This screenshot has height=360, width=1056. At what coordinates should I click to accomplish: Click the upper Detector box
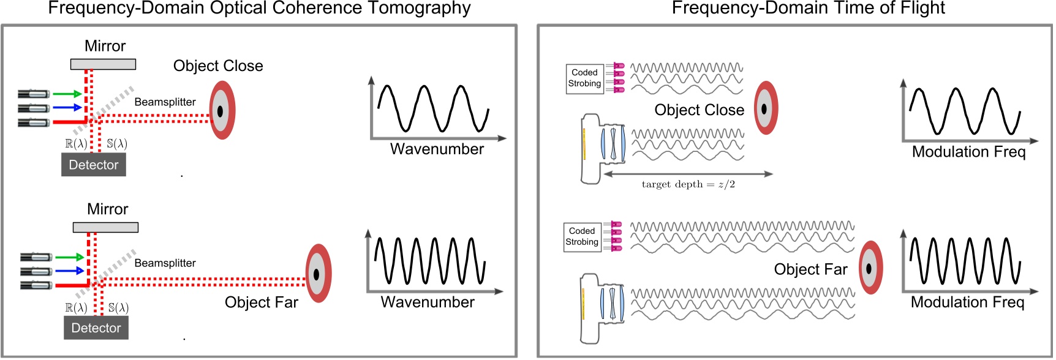coord(94,165)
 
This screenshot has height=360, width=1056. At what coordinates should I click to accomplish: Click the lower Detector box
coord(96,328)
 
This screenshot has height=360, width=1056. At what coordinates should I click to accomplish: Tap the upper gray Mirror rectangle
coord(103,64)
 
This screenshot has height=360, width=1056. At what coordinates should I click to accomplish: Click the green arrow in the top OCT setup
coord(67,94)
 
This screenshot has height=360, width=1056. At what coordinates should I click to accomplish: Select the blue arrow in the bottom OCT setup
coord(70,271)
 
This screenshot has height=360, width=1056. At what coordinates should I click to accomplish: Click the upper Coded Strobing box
coord(584,78)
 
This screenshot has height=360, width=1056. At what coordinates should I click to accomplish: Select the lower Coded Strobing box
coord(582,237)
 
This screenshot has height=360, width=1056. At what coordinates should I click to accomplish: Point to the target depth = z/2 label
coord(688,184)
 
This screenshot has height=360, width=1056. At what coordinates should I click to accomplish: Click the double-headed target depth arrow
coord(688,174)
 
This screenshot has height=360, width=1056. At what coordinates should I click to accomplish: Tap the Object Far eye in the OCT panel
coord(318,274)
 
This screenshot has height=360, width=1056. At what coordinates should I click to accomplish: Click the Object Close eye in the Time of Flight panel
coord(765,108)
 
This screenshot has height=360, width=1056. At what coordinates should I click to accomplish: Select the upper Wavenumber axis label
coord(437,149)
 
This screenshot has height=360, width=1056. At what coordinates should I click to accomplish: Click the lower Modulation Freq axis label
coord(967,302)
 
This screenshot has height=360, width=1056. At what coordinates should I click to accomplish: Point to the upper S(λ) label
coord(117,144)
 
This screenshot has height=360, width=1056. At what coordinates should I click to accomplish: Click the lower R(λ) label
coord(76,308)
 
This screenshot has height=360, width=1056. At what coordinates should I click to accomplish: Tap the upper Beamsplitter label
coord(165,102)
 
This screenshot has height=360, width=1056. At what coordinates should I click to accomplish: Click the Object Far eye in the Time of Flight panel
coord(870,268)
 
